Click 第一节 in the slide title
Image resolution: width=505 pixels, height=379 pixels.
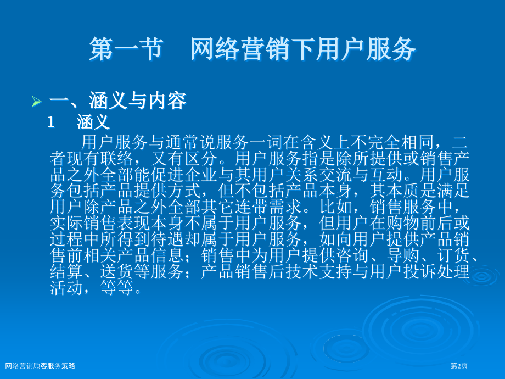coord(125,49)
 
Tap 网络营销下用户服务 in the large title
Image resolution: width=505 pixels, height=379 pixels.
coord(304,49)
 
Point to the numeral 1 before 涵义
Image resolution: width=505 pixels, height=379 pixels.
coord(52,122)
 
